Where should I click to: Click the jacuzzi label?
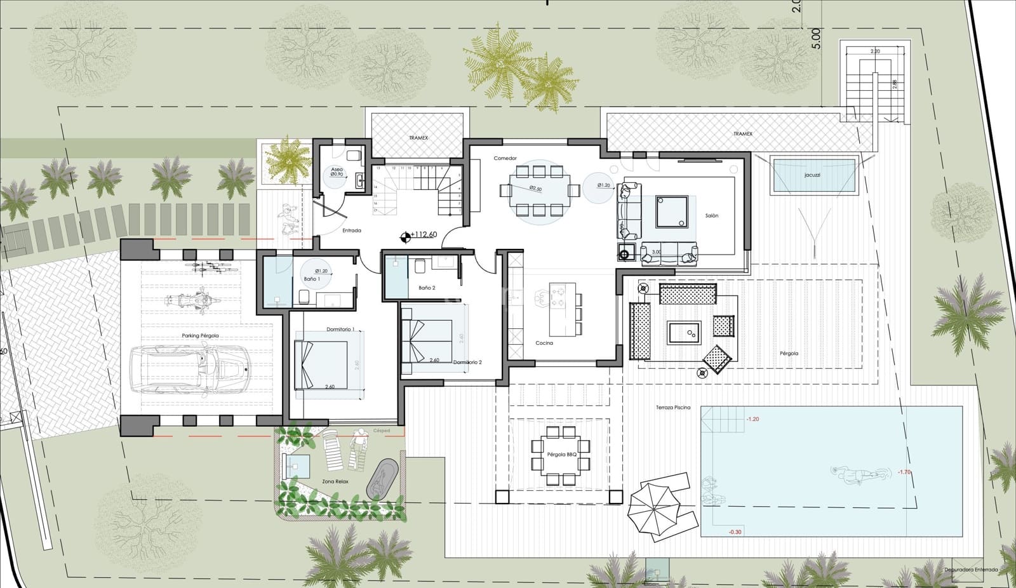click(x=812, y=175)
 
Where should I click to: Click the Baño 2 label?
click(x=427, y=288)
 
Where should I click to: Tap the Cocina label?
click(x=544, y=343)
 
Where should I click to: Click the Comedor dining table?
click(x=540, y=190)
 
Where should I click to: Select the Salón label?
click(x=712, y=216)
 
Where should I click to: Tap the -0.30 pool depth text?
click(x=735, y=532)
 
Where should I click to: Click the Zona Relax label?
click(x=335, y=481)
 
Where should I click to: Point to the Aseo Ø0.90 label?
click(x=337, y=172)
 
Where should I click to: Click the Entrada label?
click(x=352, y=231)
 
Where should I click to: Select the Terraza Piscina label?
click(x=673, y=407)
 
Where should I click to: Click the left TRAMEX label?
click(x=418, y=138)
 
